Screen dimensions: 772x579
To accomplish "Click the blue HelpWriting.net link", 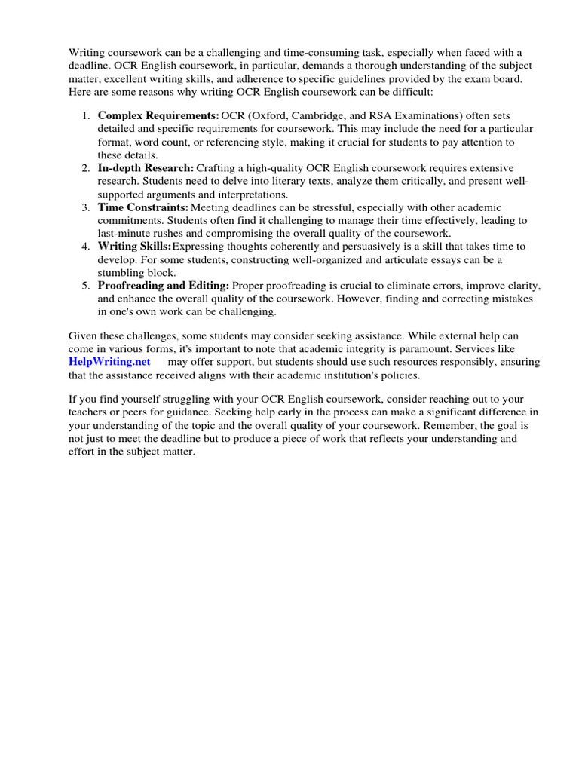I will coord(109,362).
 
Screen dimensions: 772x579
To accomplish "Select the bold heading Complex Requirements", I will coord(158,115).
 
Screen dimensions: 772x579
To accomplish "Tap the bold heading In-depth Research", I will coord(146,167).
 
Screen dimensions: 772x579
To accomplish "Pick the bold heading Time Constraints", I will coord(143,207).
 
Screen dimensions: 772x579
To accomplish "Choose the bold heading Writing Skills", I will coord(134,247).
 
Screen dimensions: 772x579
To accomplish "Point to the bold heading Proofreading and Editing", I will coord(164,286).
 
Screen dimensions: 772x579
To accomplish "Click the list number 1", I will coord(85,115).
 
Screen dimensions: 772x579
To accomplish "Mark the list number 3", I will coord(85,207).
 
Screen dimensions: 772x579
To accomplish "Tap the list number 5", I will coord(85,286).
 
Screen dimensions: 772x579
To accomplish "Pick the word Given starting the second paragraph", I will coord(84,335).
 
